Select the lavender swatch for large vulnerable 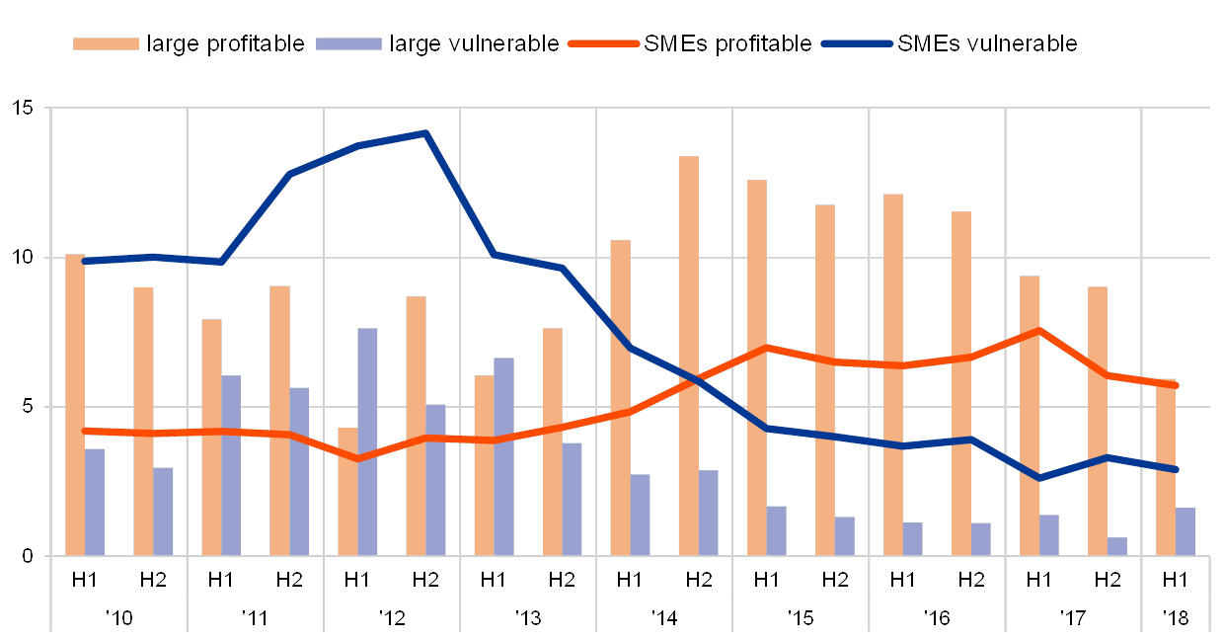click(x=348, y=43)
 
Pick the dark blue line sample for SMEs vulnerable click(x=857, y=43)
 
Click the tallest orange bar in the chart click(x=688, y=356)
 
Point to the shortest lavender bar click(x=1117, y=546)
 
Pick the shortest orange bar click(x=347, y=491)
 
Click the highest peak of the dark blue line click(x=425, y=132)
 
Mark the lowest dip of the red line click(x=357, y=458)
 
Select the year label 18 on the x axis click(x=1176, y=618)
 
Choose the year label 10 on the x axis click(x=119, y=618)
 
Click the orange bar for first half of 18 click(x=1166, y=470)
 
